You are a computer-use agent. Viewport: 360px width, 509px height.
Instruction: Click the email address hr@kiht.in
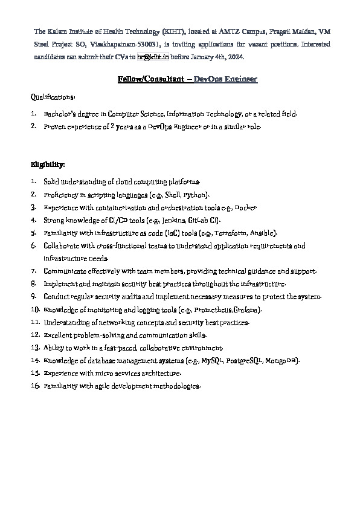pyautogui.click(x=153, y=57)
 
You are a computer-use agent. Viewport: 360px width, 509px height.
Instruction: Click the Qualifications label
pyautogui.click(x=53, y=97)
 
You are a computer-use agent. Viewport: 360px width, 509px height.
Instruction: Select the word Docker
pyautogui.click(x=245, y=207)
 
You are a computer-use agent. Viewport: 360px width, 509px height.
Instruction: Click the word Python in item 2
pyautogui.click(x=196, y=195)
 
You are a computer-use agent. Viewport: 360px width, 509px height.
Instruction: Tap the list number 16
pyautogui.click(x=34, y=386)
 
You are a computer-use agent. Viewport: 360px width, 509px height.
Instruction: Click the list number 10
pyautogui.click(x=34, y=310)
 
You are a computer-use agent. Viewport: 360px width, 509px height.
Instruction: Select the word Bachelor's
pyautogui.click(x=64, y=114)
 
